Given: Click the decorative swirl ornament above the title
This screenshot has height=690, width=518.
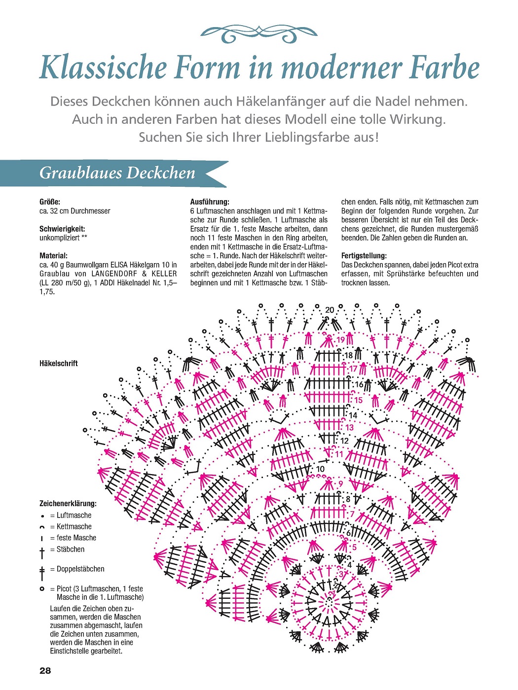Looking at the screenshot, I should [259, 34].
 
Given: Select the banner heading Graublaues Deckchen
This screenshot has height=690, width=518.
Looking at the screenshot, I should [117, 173].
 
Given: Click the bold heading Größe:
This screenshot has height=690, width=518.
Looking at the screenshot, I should [50, 202].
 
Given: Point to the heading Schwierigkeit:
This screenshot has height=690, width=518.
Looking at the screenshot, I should [62, 229].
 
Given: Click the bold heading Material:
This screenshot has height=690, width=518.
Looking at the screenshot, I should [53, 256].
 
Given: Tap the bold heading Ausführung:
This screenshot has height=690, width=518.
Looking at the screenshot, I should [210, 202].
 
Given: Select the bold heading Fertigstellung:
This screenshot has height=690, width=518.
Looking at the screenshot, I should [364, 256].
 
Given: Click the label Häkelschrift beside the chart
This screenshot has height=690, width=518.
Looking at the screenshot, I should [59, 363].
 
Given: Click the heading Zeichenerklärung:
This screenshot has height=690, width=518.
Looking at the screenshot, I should [68, 504].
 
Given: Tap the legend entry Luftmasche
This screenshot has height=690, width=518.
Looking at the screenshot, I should [74, 516].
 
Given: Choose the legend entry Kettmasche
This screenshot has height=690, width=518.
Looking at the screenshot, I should [74, 527].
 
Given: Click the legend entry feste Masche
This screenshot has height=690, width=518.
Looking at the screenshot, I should [76, 538].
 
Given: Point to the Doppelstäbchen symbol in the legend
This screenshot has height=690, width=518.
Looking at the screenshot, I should [42, 573].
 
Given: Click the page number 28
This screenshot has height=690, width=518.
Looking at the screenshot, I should [45, 671].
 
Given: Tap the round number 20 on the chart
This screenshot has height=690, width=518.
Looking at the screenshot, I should [330, 310].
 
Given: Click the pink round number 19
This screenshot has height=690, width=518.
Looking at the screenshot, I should [341, 340].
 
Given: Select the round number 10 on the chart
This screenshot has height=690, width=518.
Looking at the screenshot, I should [321, 469].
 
